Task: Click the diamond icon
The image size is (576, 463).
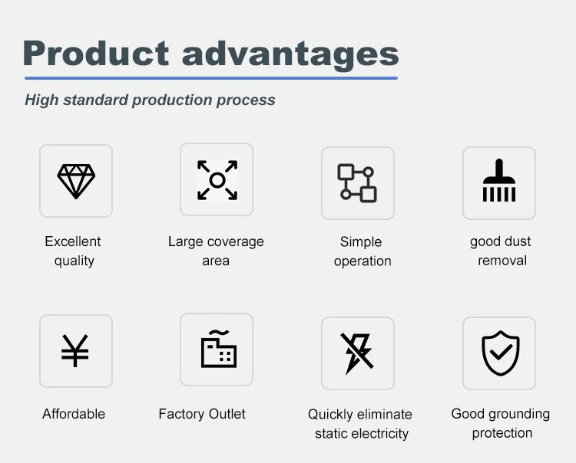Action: click(76, 181)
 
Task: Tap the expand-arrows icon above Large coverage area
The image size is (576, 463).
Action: click(217, 180)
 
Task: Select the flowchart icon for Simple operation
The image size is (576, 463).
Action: click(357, 183)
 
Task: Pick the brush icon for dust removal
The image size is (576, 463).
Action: click(498, 182)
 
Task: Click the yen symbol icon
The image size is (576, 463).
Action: click(75, 351)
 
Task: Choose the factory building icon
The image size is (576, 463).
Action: click(218, 350)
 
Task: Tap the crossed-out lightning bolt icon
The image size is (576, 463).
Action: click(357, 353)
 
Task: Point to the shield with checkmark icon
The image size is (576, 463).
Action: click(500, 353)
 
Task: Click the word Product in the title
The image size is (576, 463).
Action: click(96, 53)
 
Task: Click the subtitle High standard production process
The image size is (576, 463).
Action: click(150, 100)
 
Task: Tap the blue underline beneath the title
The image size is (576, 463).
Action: click(210, 77)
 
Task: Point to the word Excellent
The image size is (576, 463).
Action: click(73, 241)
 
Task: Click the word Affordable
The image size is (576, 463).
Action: click(74, 414)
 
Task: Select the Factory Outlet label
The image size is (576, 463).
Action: click(202, 414)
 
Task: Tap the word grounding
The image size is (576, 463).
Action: click(518, 414)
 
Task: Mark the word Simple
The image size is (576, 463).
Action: click(361, 241)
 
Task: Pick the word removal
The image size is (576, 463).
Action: click(502, 261)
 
